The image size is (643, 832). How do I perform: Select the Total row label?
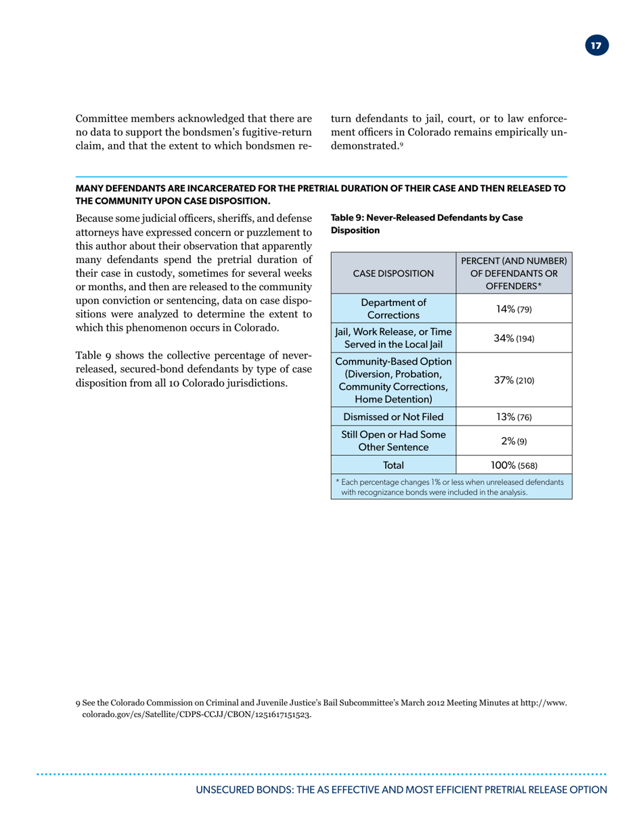point(393,465)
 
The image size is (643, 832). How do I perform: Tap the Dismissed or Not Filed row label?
point(393,417)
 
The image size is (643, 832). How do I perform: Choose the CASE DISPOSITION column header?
point(393,274)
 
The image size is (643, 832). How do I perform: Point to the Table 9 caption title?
point(426,223)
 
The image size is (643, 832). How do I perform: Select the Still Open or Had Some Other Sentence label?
point(393,440)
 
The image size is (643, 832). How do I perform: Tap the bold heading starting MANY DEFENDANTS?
point(321,194)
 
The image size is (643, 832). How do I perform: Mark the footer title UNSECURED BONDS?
point(401,790)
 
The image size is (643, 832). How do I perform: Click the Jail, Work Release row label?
point(393,338)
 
